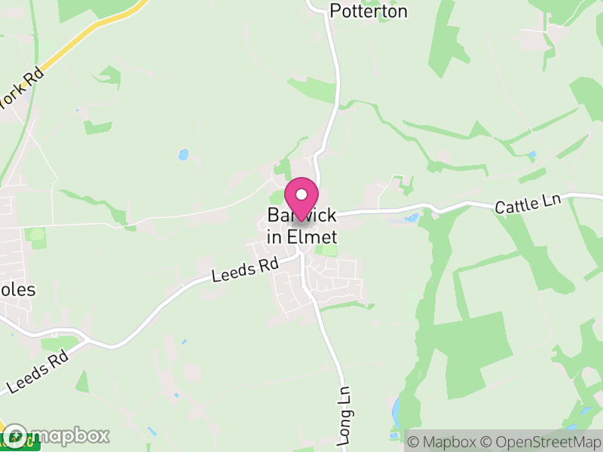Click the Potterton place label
tap(369, 11)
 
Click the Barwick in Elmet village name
tap(301, 226)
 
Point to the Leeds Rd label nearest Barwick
tap(245, 269)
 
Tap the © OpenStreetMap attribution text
tap(542, 441)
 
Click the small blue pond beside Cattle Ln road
tap(412, 218)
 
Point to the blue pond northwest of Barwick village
tap(183, 154)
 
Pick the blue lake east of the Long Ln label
tap(397, 411)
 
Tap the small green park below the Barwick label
tap(326, 250)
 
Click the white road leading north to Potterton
tap(332, 90)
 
